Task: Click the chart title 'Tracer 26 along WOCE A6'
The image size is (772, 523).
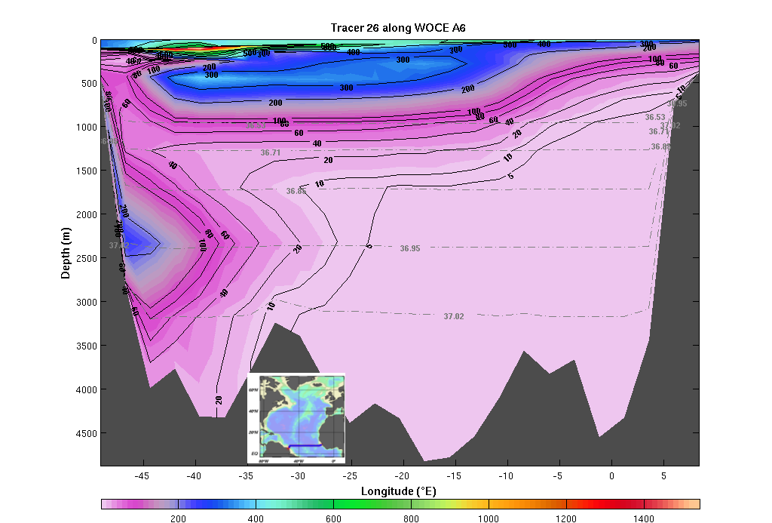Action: [x=400, y=28]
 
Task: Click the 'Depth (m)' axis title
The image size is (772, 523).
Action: [x=66, y=251]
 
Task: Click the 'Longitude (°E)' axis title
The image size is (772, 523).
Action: [x=399, y=491]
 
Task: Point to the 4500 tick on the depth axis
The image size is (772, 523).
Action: [x=84, y=433]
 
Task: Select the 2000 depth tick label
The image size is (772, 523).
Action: [x=84, y=214]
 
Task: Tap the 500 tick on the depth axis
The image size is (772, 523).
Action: [x=87, y=84]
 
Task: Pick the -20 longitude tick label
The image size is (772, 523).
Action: [x=403, y=475]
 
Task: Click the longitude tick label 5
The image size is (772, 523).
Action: [x=663, y=475]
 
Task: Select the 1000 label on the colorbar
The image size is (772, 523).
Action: [x=489, y=518]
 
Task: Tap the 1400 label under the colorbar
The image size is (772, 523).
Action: [x=644, y=518]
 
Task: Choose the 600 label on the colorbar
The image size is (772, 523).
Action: [x=333, y=518]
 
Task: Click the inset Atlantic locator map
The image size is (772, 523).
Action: [x=296, y=417]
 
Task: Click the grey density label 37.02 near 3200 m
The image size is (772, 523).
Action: [x=454, y=316]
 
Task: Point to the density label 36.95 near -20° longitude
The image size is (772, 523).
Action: [x=410, y=248]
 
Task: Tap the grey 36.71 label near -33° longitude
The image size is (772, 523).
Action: [x=271, y=152]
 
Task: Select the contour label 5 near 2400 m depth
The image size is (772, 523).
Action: [x=369, y=245]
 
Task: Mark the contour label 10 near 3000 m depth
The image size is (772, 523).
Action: [x=271, y=306]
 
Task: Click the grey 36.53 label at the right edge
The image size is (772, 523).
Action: [x=655, y=117]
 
